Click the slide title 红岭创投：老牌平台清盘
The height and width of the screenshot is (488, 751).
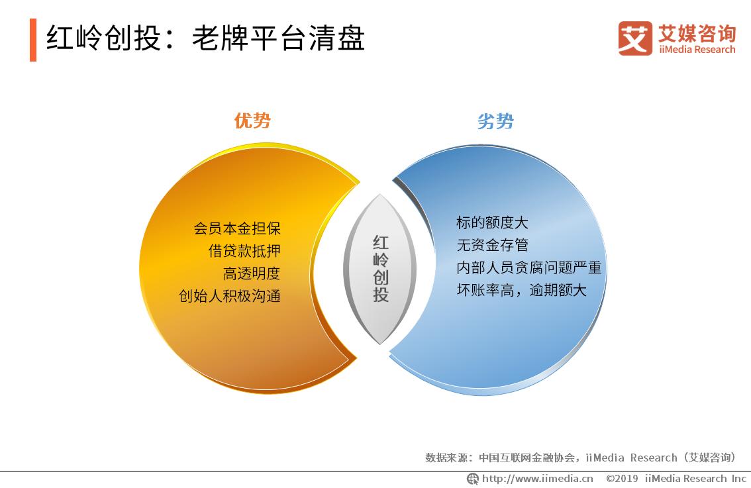[205, 39]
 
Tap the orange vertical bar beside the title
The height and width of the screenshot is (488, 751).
[33, 40]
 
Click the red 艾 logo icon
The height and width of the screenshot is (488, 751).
[634, 38]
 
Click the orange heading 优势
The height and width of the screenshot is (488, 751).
[252, 121]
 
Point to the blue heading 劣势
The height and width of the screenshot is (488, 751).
[495, 122]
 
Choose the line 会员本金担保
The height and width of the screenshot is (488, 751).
[237, 228]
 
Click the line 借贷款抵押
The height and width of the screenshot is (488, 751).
[244, 251]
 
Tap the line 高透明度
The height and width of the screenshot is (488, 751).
[252, 273]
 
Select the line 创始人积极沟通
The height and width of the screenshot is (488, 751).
[230, 296]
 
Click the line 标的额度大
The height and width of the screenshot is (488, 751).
[492, 222]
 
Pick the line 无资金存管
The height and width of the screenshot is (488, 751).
[492, 245]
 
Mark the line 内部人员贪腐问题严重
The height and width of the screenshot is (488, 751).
[528, 268]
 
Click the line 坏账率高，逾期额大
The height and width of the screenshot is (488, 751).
[521, 290]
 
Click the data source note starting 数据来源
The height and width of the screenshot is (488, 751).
[580, 458]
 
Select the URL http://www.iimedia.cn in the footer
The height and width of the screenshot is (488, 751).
[537, 479]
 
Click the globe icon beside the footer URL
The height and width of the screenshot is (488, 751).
[473, 479]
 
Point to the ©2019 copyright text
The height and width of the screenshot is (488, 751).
[676, 479]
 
